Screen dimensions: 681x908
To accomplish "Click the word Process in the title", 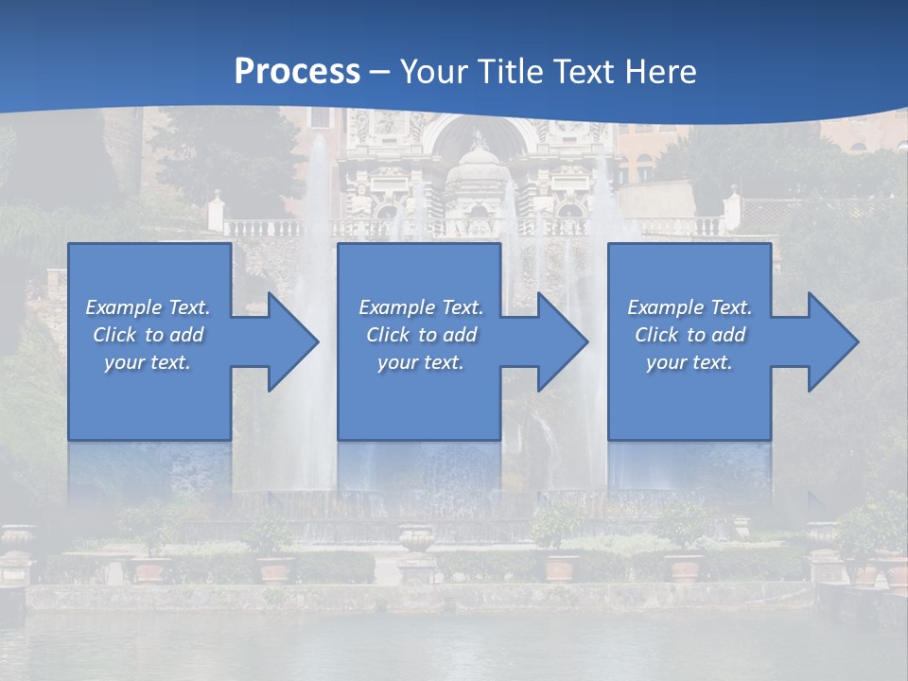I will click(297, 72).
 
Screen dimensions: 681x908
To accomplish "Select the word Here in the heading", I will click(659, 72).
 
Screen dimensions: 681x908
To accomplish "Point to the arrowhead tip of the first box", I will click(318, 341).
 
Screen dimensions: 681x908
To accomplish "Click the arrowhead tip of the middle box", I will click(587, 341).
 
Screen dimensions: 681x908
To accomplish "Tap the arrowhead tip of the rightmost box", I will click(857, 341).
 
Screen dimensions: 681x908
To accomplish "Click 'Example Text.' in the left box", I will click(148, 307).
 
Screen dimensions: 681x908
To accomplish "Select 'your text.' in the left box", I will click(148, 362).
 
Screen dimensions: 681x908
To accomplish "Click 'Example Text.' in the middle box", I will click(421, 307).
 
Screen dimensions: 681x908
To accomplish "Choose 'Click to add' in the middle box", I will click(421, 335).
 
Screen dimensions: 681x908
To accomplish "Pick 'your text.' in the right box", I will click(690, 362).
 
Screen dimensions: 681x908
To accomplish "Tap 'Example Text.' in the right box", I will click(690, 307).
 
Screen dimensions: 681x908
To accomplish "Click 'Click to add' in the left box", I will click(148, 335).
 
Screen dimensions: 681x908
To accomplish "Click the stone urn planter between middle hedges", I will click(416, 540).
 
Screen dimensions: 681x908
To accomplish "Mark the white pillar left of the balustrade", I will click(216, 212).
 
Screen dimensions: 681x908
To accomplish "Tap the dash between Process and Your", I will click(380, 72).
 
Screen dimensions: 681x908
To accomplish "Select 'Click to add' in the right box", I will click(690, 335).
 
